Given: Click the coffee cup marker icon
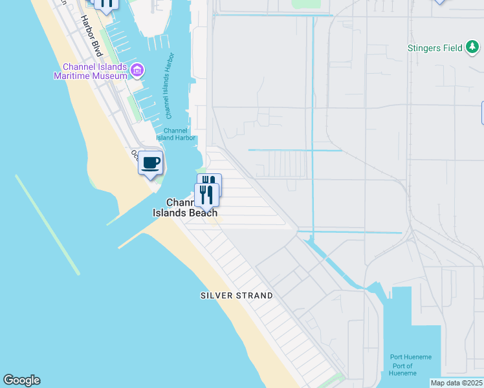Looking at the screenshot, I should coord(150,163).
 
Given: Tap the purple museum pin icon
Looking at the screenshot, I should coord(137,70).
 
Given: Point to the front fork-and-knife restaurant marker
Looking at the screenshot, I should coord(206,194).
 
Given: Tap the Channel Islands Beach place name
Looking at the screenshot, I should coord(185,208).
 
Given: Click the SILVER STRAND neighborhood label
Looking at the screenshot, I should coord(236,296).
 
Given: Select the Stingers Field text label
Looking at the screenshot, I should coord(435,48).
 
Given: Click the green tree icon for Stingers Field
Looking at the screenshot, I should coord(474,47).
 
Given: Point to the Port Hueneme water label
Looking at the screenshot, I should coord(410,357).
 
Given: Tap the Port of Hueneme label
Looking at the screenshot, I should coord(403,369).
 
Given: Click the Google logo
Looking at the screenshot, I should coord(21,380).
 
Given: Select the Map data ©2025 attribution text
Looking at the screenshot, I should coord(457,383).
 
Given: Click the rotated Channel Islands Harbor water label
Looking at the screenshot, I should coord(170,87).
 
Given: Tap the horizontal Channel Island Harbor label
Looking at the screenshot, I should coord(175,134).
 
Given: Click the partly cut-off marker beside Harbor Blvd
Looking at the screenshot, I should coord(106,4).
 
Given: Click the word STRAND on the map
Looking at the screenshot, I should coord(253,296).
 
